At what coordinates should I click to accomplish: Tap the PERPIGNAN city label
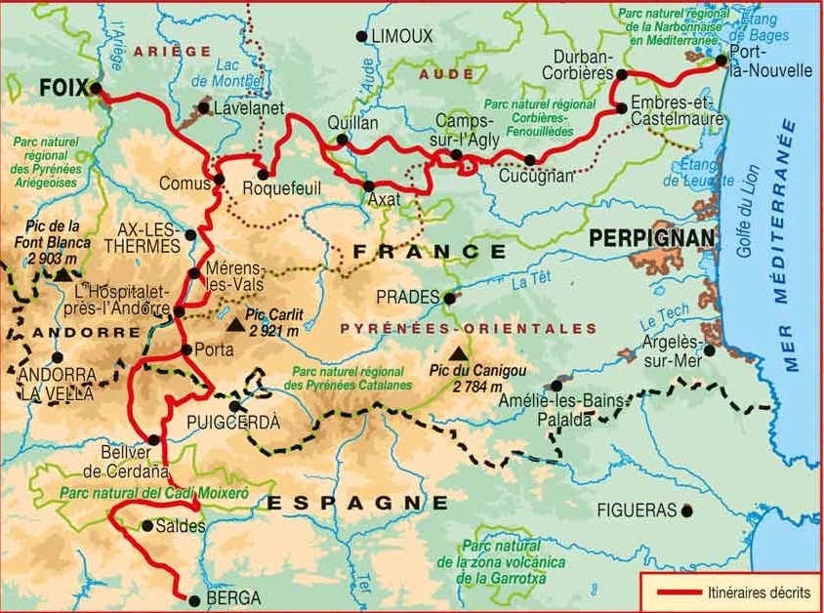pos(647,237)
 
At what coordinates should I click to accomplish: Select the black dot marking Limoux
pos(361,36)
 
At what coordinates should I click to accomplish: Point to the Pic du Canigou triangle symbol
pos(456,355)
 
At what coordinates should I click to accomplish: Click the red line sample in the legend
pos(674,593)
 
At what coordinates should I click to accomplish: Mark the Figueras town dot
pos(688,510)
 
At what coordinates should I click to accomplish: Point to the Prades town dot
pos(449,298)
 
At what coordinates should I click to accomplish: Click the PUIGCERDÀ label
pos(232,423)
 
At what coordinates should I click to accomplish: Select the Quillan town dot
pos(342,140)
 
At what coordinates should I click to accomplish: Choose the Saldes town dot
pos(146,525)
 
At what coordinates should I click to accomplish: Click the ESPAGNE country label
pos(357,503)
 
